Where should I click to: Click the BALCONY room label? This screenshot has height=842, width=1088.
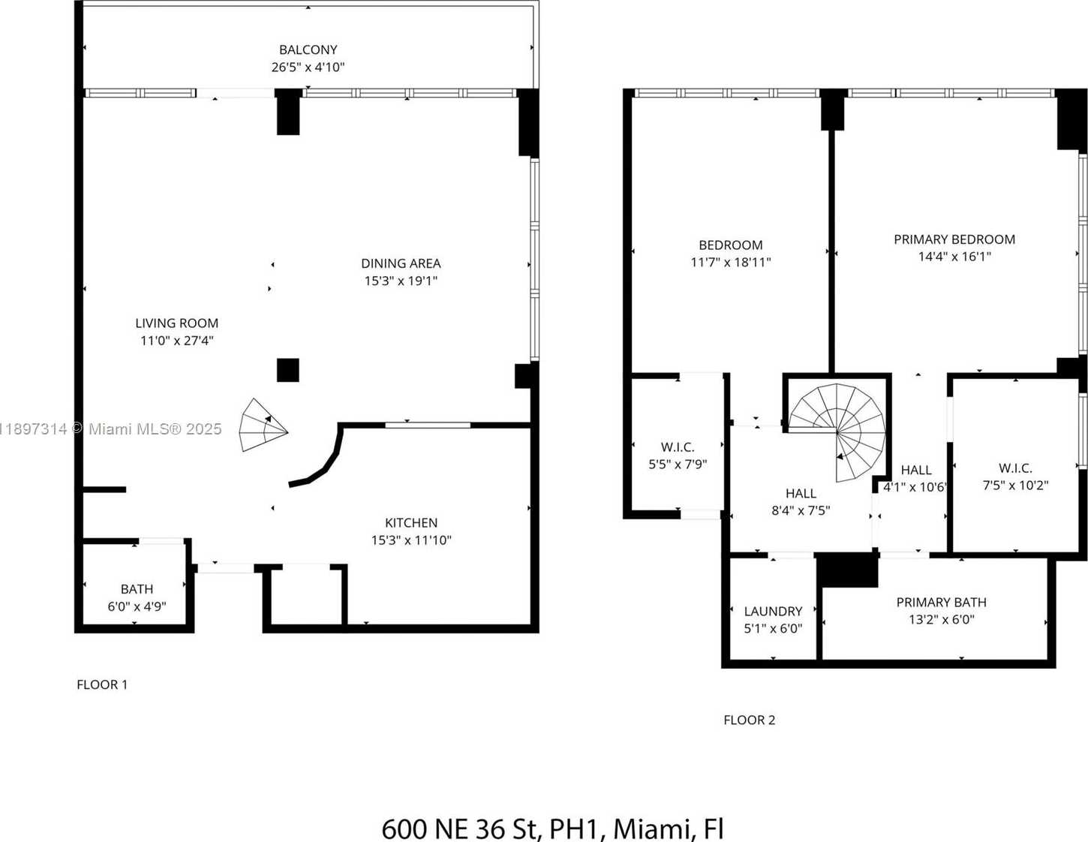pyautogui.click(x=308, y=50)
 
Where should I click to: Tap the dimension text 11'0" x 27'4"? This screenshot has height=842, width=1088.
pyautogui.click(x=176, y=341)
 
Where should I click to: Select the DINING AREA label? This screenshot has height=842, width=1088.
pyautogui.click(x=401, y=263)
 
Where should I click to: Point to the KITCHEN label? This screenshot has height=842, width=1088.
pyautogui.click(x=410, y=523)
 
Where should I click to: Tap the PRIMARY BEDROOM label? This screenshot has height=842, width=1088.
pyautogui.click(x=954, y=239)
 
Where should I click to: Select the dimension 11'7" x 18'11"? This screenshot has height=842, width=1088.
pyautogui.click(x=730, y=263)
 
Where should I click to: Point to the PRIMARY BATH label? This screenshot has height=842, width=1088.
pyautogui.click(x=941, y=603)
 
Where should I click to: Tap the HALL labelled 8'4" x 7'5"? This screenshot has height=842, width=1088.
pyautogui.click(x=801, y=501)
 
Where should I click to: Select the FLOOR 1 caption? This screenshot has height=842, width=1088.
pyautogui.click(x=102, y=684)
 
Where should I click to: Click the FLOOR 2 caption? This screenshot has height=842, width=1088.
pyautogui.click(x=749, y=720)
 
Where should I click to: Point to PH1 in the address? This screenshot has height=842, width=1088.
pyautogui.click(x=576, y=829)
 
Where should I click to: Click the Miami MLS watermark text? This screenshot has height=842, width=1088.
pyautogui.click(x=155, y=429)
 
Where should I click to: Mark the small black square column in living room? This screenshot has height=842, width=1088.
pyautogui.click(x=288, y=370)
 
